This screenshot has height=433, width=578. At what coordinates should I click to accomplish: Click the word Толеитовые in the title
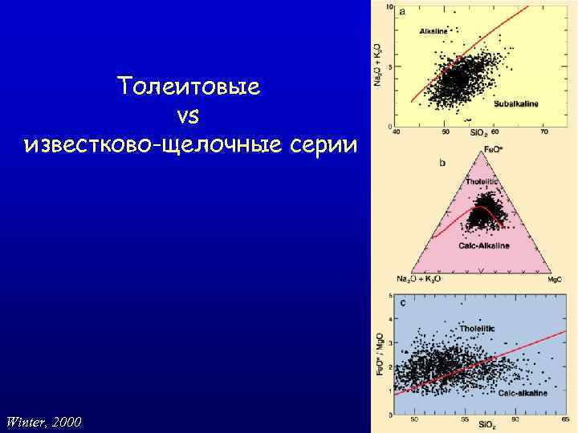tap(188, 86)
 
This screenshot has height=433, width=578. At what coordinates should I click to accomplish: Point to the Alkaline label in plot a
tap(433, 31)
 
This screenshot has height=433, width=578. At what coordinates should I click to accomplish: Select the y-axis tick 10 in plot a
tap(389, 8)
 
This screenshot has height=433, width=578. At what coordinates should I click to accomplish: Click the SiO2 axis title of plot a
tap(476, 132)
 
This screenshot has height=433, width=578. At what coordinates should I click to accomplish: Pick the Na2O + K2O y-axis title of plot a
tap(378, 65)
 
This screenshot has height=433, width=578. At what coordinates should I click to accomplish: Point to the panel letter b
tap(442, 163)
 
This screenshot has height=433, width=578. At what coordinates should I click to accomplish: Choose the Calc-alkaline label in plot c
tap(523, 394)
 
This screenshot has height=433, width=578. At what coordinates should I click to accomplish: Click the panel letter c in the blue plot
tap(402, 302)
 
